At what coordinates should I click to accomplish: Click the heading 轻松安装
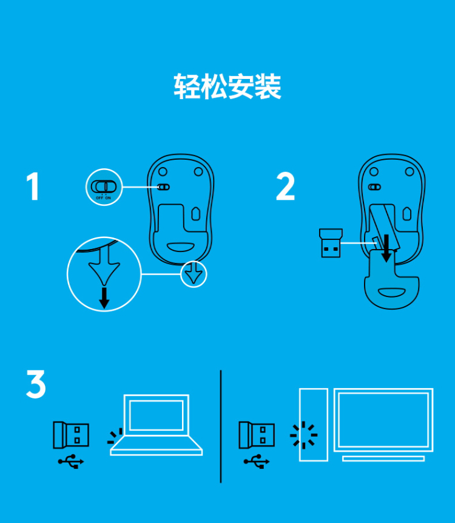(227, 86)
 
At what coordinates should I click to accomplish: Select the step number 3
(36, 384)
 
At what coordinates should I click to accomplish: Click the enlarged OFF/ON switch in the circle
(104, 186)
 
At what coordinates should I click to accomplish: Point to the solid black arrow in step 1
(104, 298)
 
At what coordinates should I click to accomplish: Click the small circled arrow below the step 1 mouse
(194, 274)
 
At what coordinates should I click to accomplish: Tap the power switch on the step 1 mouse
(163, 187)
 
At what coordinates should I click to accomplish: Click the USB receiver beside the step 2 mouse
(331, 243)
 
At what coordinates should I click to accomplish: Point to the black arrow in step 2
(386, 248)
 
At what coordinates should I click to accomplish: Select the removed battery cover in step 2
(392, 280)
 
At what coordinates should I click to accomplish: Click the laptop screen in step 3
(157, 415)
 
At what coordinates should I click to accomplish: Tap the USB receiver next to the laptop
(71, 435)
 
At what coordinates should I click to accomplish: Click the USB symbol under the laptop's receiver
(71, 462)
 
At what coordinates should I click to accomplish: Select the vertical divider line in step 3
(220, 426)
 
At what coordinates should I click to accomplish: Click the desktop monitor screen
(383, 420)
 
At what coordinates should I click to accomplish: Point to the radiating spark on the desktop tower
(303, 435)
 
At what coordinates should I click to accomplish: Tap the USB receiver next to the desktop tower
(257, 435)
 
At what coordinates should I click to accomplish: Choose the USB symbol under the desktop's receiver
(257, 462)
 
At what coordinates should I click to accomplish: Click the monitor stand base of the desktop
(383, 459)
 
